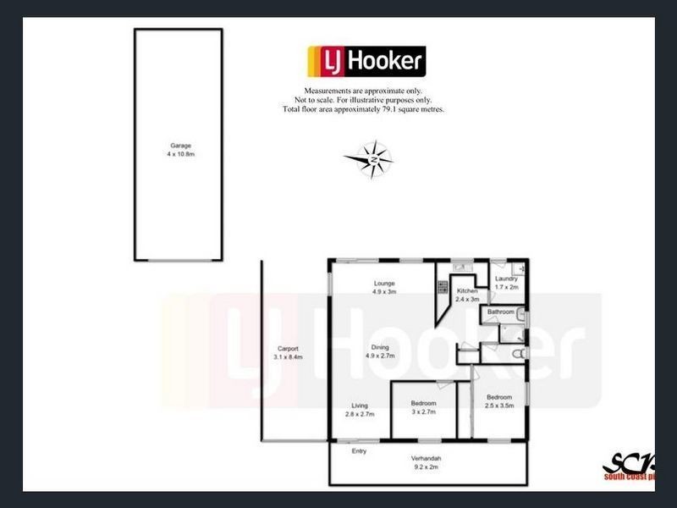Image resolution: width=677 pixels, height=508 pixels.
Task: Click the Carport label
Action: [288, 349]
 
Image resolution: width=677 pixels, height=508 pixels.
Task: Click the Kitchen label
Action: [467, 290]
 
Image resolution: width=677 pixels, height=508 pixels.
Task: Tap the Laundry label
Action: [506, 279]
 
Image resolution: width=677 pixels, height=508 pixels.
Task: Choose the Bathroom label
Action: [500, 312]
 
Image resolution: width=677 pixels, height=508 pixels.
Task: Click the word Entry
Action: [360, 451]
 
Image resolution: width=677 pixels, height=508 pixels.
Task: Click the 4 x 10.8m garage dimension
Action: [178, 154]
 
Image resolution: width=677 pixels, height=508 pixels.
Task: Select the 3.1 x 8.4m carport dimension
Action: [288, 357]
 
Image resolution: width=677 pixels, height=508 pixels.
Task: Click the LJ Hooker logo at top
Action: [366, 61]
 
